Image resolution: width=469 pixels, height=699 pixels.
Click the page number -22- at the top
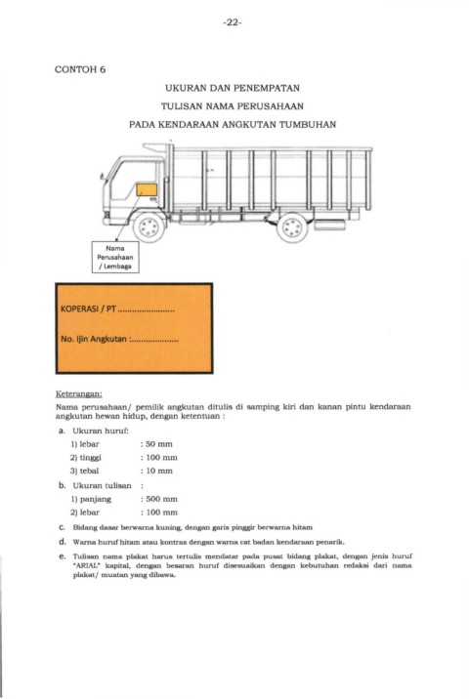click(x=232, y=22)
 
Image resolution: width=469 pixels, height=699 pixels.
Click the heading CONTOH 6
click(x=80, y=69)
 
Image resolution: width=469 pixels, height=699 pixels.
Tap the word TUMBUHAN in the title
click(x=308, y=124)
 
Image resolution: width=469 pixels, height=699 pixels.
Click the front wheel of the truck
click(x=149, y=227)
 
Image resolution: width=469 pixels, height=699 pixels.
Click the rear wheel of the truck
click(x=292, y=227)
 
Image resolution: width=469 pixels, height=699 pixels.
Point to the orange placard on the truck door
click(x=147, y=189)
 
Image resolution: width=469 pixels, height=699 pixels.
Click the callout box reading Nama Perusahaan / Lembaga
click(x=115, y=257)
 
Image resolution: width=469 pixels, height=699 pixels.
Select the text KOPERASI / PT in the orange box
click(x=88, y=308)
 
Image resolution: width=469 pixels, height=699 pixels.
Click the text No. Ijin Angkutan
click(x=94, y=339)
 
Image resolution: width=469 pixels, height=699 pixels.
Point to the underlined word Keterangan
click(x=79, y=394)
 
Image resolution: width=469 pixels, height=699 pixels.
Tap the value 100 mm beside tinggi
click(x=161, y=458)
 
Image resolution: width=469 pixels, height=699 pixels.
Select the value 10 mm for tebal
click(x=159, y=471)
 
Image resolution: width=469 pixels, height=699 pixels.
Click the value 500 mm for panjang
click(x=161, y=499)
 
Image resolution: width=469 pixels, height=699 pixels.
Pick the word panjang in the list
click(x=96, y=499)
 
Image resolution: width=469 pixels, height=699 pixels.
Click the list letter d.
click(x=62, y=542)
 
